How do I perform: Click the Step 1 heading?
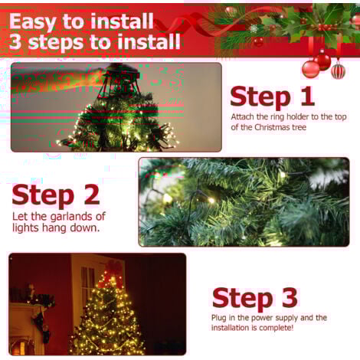click(x=272, y=97)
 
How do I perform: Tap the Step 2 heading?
click(x=56, y=195)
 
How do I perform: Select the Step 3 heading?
click(x=254, y=298)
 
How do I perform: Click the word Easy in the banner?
click(x=32, y=22)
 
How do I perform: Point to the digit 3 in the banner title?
click(x=15, y=41)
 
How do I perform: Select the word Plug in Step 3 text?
click(x=219, y=319)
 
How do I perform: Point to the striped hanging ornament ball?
click(x=338, y=70)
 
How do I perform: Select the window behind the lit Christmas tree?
click(x=87, y=283)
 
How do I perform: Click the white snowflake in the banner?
click(x=254, y=28)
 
